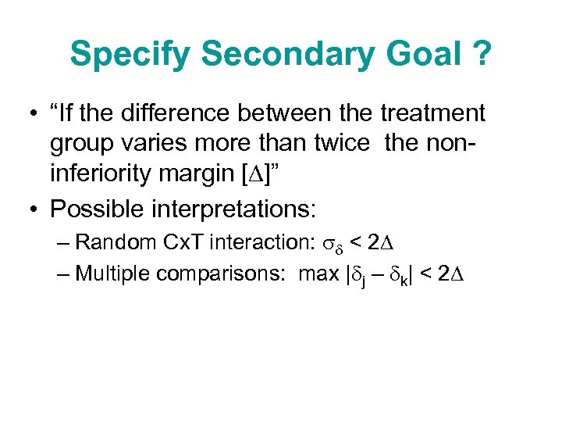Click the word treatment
(432, 113)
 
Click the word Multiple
(114, 274)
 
